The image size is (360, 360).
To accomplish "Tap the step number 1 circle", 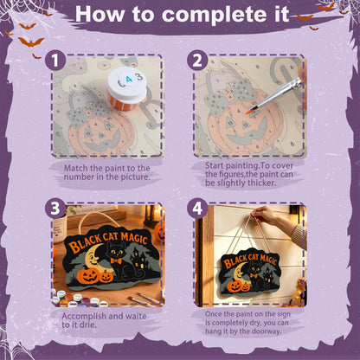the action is click(x=55, y=61).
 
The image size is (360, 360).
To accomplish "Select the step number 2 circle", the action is click(x=197, y=61).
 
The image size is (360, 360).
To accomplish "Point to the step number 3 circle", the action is click(x=55, y=209).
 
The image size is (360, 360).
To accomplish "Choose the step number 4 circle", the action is click(x=197, y=209).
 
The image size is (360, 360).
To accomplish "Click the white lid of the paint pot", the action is click(x=127, y=82).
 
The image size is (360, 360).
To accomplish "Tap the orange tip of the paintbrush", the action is click(x=249, y=111).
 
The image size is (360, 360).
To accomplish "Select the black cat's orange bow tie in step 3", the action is click(x=116, y=260).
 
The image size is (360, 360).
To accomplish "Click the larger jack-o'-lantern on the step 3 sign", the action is click(x=88, y=276).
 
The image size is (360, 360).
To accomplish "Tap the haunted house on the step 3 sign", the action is click(x=138, y=260).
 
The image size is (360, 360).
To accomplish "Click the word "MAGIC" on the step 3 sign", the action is click(x=133, y=238).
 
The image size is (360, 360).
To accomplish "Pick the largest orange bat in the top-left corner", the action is click(x=31, y=42).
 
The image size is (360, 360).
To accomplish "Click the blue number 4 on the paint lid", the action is click(x=129, y=79).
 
